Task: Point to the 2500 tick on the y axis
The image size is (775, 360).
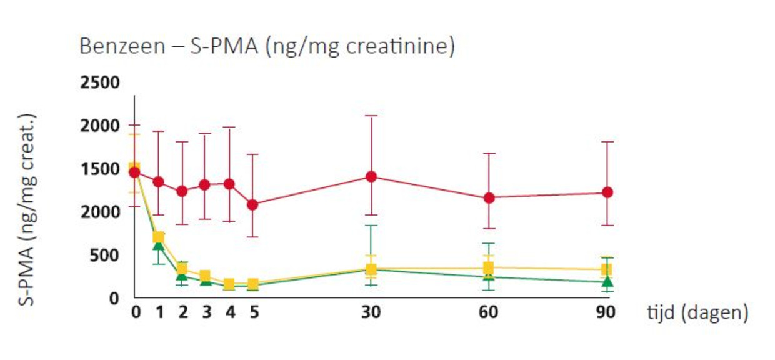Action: point(100,83)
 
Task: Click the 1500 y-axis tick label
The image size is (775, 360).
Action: point(100,169)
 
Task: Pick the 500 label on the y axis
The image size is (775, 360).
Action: point(105,256)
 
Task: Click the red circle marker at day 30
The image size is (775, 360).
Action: point(371,176)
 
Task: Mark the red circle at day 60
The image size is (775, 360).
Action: point(489,197)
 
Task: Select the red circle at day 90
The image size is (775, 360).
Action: point(606,192)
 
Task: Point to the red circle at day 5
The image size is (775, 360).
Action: point(252,204)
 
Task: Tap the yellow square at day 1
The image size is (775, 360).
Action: point(159,237)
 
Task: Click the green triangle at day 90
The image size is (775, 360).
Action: point(606,282)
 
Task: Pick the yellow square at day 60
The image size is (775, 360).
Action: point(489,268)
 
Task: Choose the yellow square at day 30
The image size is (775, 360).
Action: point(371,270)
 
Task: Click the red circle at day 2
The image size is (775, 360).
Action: point(182,191)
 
